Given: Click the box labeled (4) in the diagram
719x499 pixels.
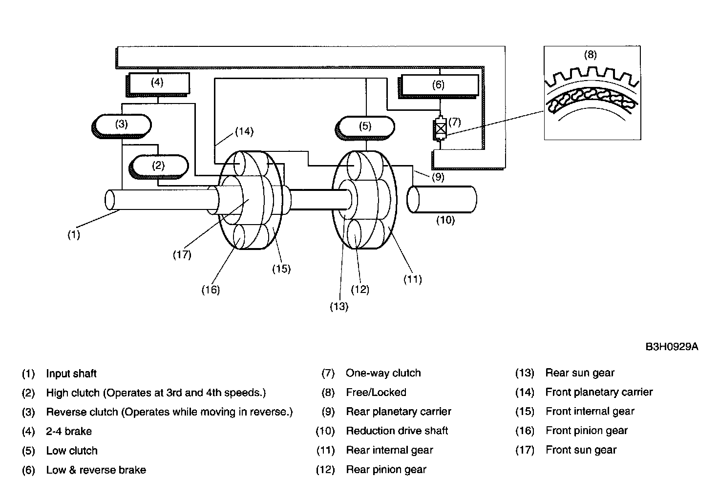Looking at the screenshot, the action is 157,84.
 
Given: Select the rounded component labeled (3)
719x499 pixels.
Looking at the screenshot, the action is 121,126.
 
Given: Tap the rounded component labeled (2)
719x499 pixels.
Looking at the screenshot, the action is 159,166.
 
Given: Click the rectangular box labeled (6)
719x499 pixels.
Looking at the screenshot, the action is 438,86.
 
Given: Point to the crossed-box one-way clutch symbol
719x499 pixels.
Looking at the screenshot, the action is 440,128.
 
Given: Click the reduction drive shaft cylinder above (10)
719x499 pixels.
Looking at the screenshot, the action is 442,199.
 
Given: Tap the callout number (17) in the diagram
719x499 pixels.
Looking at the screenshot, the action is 182,255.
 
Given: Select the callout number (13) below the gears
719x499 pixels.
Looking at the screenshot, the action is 339,307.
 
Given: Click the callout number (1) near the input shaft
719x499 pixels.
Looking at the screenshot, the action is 73,235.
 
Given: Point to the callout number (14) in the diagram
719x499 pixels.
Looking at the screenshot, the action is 244,131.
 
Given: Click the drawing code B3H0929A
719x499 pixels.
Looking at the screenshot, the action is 672,347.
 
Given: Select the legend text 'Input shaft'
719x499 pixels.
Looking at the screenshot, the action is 71,374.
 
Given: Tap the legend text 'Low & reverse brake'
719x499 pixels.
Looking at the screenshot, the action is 96,470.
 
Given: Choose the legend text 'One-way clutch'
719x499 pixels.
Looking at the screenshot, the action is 383,373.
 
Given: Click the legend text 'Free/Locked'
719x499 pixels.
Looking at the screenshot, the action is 376,392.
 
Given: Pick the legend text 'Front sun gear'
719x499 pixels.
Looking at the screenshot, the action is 581,450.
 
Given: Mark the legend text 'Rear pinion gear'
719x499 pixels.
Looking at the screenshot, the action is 386,470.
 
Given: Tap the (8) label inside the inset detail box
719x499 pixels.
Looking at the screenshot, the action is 590,55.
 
